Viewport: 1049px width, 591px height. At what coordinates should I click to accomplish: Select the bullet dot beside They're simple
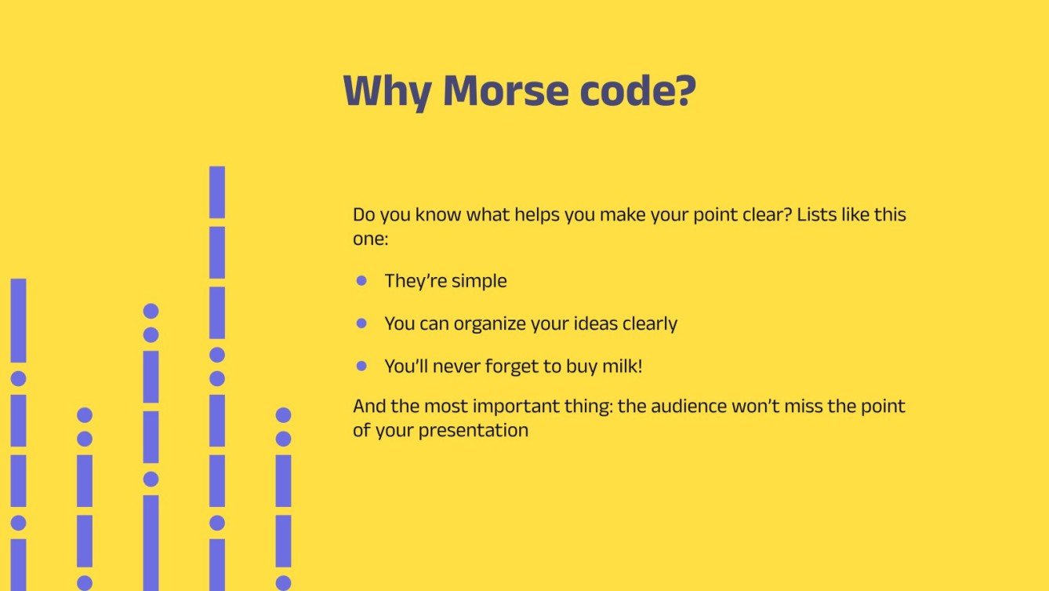coord(361,280)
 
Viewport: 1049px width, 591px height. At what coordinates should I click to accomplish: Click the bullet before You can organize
coord(361,323)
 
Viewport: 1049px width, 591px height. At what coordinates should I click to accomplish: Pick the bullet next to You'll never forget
coord(361,366)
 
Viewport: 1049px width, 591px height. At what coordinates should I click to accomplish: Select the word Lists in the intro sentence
coord(817,214)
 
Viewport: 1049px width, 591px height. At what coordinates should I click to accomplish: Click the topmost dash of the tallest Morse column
coord(217,192)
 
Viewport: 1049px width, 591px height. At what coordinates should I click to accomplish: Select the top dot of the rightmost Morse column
coord(284,415)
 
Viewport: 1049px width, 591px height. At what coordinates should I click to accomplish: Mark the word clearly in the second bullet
coord(650,323)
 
